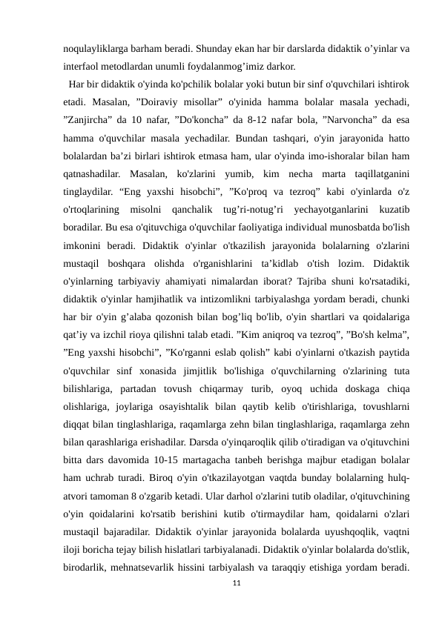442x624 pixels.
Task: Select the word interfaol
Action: [82, 67]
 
